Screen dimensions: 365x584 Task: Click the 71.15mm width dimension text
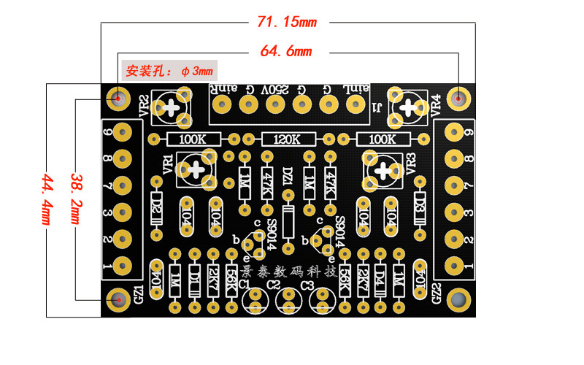287,21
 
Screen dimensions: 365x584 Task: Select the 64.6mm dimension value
285,52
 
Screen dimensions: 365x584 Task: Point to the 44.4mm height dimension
48,199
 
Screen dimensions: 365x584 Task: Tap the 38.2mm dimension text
76,199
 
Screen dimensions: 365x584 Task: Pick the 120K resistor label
286,139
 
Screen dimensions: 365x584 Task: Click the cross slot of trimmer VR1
197,169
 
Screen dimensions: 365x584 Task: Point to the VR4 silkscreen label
436,104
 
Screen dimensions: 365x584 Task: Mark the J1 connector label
378,107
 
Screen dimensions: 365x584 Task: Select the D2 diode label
156,204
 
